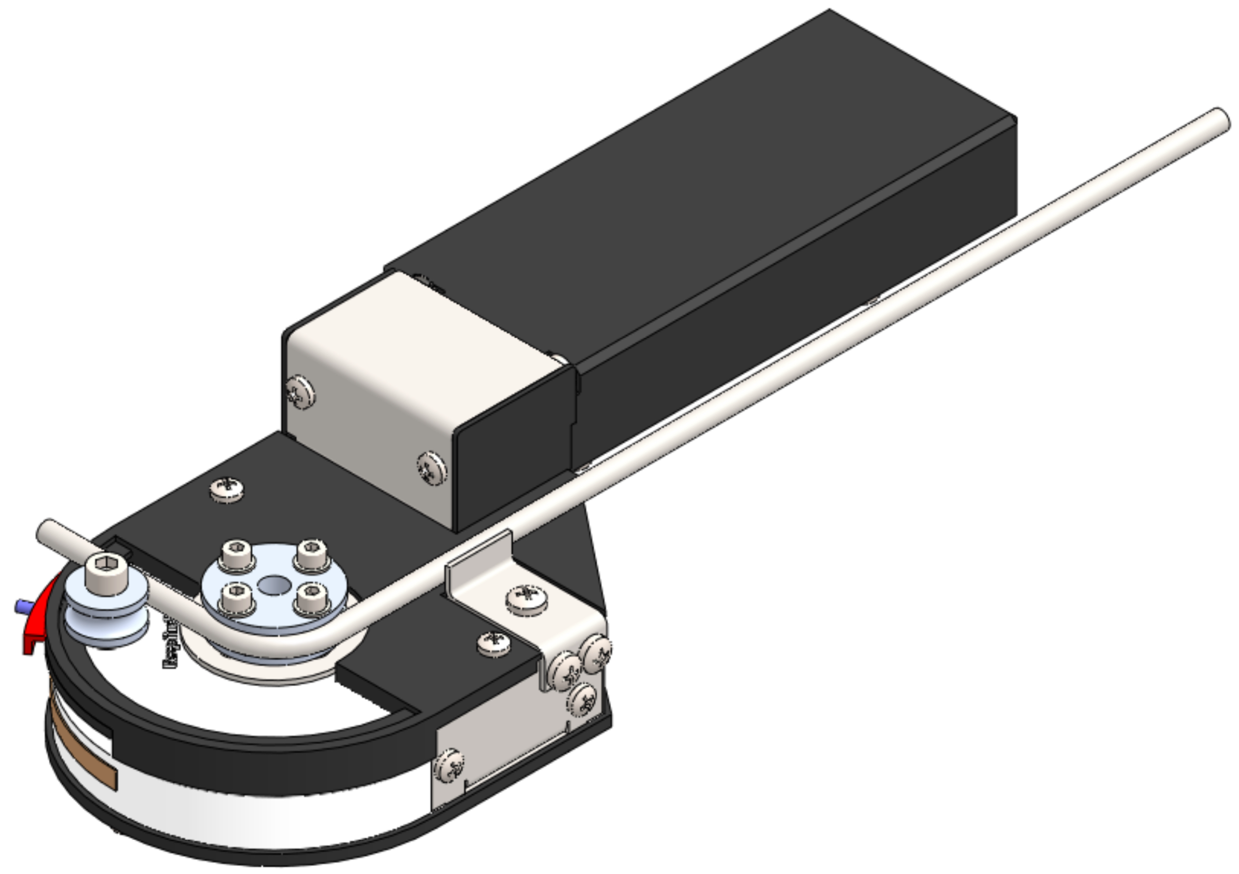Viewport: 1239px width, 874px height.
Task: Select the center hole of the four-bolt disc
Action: [274, 584]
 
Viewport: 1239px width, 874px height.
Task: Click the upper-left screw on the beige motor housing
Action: [300, 393]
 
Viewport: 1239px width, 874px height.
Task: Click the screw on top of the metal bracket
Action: [527, 597]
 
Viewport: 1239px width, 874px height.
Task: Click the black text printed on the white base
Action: [171, 645]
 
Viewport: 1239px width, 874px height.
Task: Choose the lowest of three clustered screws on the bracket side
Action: [583, 700]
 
